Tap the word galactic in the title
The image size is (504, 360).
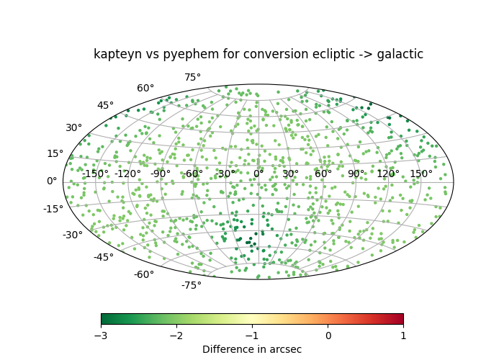[x=400, y=54]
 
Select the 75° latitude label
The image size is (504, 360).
[x=192, y=78]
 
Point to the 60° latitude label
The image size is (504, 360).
[x=145, y=88]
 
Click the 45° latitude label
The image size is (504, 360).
[x=105, y=105]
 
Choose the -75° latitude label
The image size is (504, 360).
[x=192, y=285]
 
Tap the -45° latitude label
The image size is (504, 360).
[x=104, y=257]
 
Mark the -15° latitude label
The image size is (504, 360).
[x=53, y=209]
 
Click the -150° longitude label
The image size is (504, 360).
[x=96, y=174]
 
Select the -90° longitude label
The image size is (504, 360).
[x=161, y=174]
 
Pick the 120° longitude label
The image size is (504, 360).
[x=388, y=174]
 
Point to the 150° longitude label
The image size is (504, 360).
[x=421, y=174]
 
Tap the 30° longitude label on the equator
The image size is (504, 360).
[x=291, y=174]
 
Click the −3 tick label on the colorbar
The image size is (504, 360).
[x=101, y=336]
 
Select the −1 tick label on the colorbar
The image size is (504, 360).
[x=252, y=336]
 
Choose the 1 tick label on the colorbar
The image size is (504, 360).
[x=403, y=336]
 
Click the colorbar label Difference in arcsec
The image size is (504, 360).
[x=252, y=349]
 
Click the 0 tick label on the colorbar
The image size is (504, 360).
[x=328, y=336]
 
